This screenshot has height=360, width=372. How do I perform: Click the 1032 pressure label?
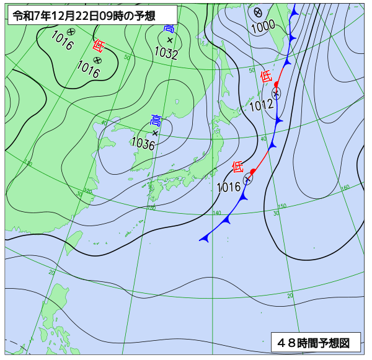167,55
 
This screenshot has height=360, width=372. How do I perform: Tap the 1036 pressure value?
143,144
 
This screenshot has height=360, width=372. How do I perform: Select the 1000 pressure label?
263,25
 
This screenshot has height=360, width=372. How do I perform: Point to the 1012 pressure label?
261,105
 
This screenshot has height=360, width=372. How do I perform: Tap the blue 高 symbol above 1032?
169,29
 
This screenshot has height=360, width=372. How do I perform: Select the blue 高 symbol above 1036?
156,120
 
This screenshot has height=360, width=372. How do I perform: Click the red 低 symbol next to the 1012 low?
266,77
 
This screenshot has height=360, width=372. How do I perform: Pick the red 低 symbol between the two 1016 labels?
98,45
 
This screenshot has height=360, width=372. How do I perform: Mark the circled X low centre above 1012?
276,93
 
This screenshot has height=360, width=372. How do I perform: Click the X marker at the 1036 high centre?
155,133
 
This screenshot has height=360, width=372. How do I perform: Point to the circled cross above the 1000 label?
258,12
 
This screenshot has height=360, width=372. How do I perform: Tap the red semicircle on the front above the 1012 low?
277,84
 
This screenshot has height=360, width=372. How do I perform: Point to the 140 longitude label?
216,213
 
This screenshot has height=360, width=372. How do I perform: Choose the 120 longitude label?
87,191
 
